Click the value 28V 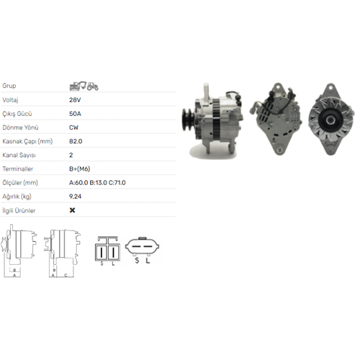coord(75,100)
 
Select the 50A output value coord(75,114)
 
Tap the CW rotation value coord(73,127)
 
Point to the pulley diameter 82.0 coord(76,141)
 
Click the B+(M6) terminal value coord(79,169)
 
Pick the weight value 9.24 coord(75,197)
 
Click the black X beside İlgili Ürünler coord(72,210)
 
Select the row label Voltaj coord(10,100)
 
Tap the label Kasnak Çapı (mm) coord(27,141)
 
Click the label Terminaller coord(17,169)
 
